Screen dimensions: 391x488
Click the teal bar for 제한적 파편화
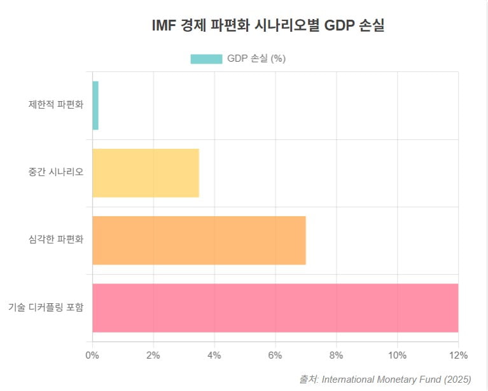pos(95,106)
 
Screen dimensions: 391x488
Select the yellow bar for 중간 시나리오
pos(146,173)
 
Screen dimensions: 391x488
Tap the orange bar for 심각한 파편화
pos(199,240)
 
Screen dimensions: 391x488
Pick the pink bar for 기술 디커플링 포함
pos(275,308)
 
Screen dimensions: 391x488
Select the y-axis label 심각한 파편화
pos(56,240)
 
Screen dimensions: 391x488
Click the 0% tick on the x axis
pos(92,355)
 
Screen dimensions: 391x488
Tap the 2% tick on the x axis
pos(153,355)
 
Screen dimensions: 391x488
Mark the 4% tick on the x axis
pos(214,355)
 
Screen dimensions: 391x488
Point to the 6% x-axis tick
pos(275,355)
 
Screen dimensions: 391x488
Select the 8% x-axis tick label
pos(337,355)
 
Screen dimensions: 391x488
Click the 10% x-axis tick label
pos(397,355)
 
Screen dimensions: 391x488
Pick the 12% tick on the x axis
pos(458,355)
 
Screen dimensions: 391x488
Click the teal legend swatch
pos(206,59)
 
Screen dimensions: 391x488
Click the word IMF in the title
pos(165,26)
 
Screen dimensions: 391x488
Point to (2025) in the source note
pos(457,380)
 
